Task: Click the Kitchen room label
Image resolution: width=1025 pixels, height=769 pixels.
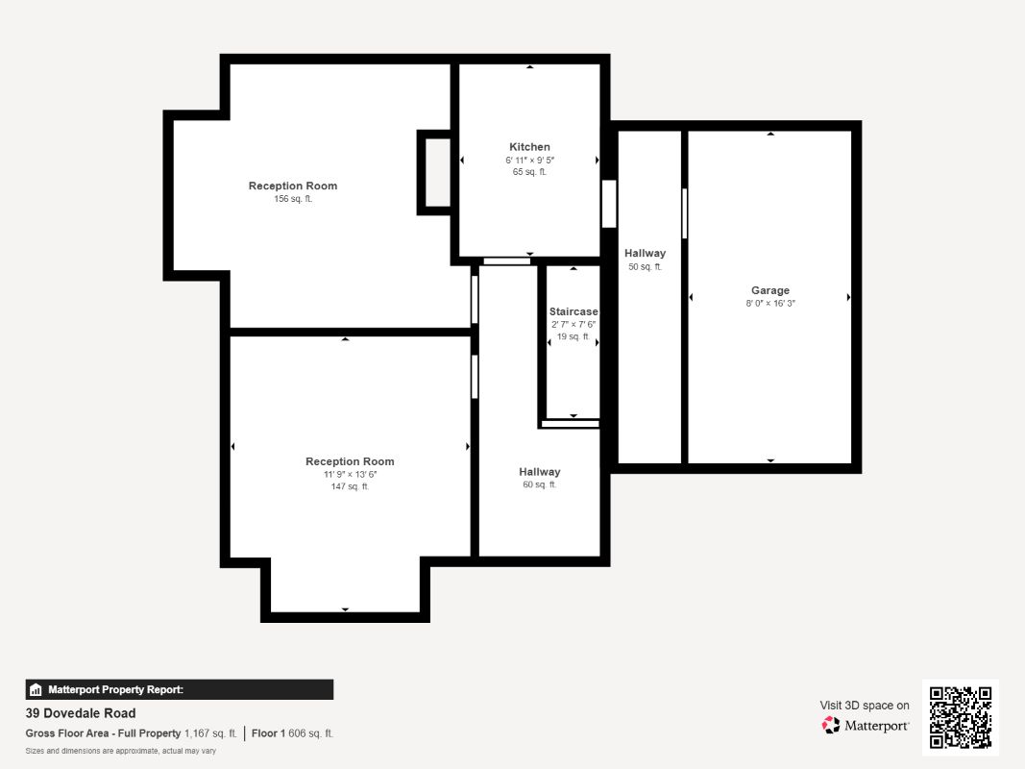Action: pos(529,147)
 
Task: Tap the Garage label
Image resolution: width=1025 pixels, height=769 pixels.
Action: pos(770,290)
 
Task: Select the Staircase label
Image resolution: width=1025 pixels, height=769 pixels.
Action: pos(574,311)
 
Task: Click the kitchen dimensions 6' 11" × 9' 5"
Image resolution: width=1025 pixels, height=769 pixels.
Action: pos(529,161)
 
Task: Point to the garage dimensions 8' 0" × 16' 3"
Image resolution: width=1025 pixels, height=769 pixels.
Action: pos(770,304)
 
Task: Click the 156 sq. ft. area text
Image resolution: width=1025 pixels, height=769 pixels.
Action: pos(293,199)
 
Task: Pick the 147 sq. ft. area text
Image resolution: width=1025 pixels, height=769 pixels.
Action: pos(350,486)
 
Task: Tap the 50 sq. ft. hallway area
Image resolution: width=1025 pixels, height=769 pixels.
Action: pos(645,267)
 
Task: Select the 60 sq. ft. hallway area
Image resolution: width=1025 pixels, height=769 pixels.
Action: pos(539,484)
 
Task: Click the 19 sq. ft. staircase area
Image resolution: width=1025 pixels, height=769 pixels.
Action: pos(574,336)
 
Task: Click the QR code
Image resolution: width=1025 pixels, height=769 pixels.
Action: pos(961,717)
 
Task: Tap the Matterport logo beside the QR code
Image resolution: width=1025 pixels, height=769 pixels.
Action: pos(865,725)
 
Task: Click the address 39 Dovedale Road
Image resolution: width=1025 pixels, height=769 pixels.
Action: pos(81,713)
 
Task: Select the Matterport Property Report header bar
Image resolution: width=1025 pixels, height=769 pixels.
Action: pos(179,690)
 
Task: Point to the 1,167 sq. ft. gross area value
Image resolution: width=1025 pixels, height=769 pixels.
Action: pos(210,733)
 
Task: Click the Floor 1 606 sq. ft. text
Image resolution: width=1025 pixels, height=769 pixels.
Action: pos(292,733)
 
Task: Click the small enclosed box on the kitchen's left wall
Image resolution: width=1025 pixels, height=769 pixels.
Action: pos(434,173)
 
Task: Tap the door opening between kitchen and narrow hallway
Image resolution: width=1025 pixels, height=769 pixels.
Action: pos(609,204)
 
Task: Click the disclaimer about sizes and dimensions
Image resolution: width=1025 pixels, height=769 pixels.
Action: pos(120,751)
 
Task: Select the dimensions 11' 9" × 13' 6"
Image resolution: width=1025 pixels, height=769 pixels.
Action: pos(350,475)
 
